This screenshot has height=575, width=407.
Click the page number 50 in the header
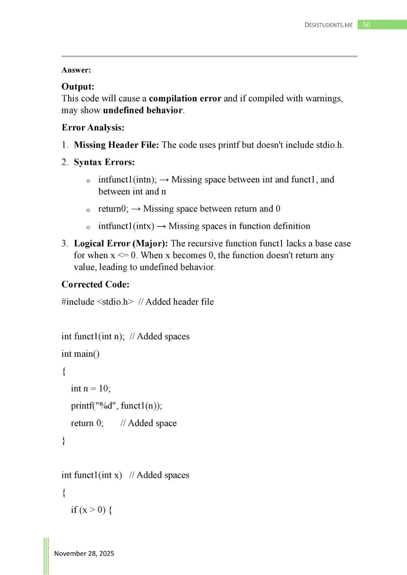click(366, 25)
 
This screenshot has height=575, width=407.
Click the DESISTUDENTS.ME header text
click(329, 25)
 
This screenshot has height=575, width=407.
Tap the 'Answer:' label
click(73, 70)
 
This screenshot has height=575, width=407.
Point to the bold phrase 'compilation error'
click(185, 98)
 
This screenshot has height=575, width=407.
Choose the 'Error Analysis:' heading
click(93, 128)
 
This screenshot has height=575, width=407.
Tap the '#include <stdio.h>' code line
click(97, 302)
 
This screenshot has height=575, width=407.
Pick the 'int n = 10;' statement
click(91, 388)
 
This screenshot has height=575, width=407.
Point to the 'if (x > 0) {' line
click(93, 510)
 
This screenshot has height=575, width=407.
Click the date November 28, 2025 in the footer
click(84, 553)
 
